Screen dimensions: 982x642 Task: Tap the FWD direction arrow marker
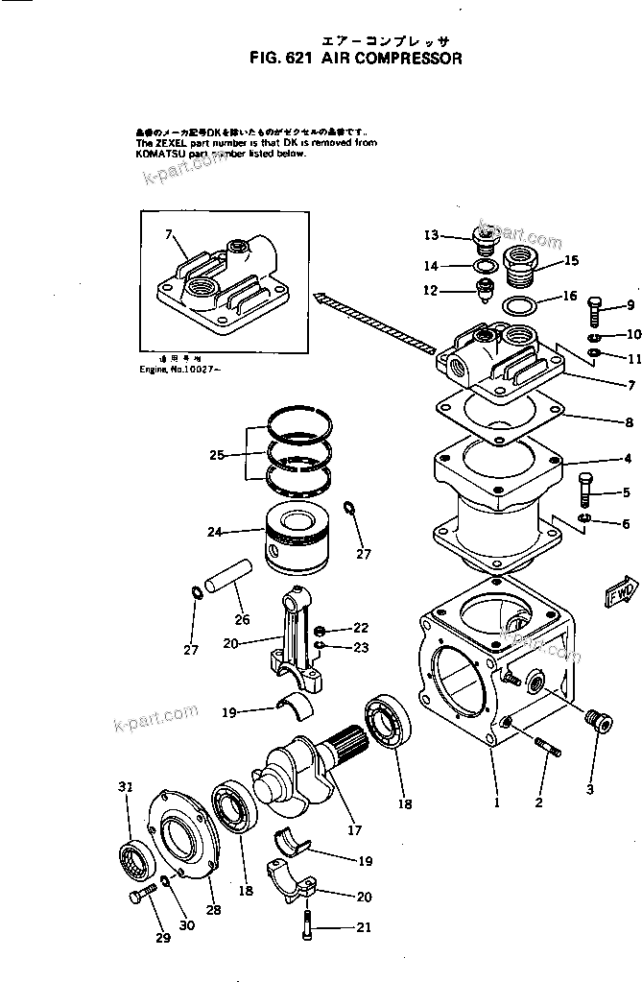[x=620, y=594]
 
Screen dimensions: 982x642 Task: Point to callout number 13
[x=431, y=235]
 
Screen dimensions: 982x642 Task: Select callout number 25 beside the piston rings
[x=216, y=455]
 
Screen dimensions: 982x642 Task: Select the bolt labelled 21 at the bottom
[x=305, y=924]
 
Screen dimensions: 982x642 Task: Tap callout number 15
[x=571, y=260]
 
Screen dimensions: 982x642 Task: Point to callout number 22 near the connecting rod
[x=360, y=627]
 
